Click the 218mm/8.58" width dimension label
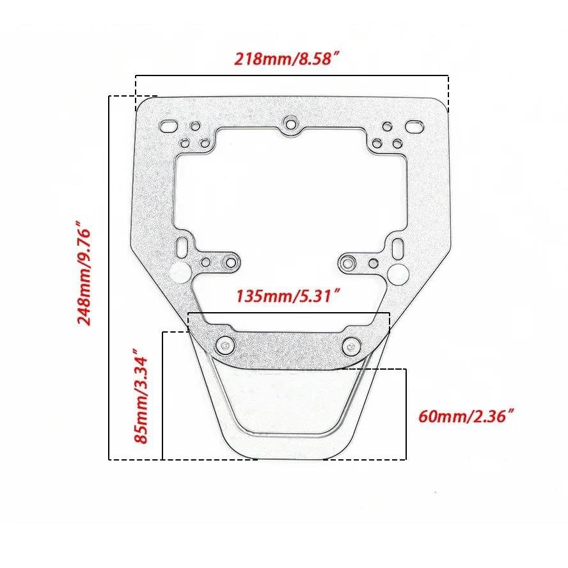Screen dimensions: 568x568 (x=288, y=59)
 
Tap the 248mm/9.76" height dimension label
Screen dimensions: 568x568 (x=84, y=277)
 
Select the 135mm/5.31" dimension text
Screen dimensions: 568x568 (x=288, y=296)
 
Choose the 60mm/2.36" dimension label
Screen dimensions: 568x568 (x=467, y=416)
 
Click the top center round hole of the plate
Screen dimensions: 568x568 (x=290, y=124)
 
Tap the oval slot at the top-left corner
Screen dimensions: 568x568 (x=168, y=127)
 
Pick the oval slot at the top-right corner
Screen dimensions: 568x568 (x=414, y=127)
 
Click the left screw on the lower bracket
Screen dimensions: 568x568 (x=225, y=345)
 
